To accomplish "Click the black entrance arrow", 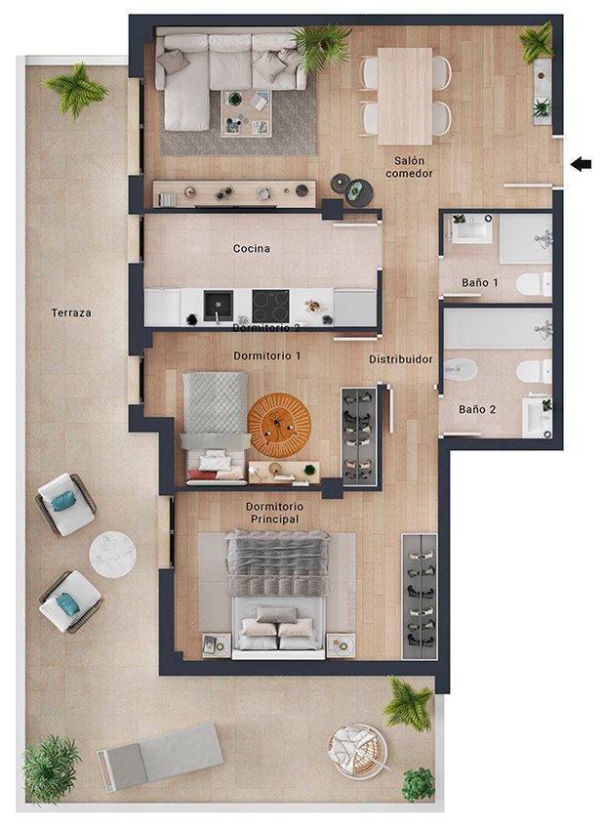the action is [581, 164].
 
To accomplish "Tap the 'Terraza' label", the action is [71, 312].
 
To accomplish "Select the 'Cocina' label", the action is [252, 248].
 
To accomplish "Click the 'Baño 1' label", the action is [480, 283].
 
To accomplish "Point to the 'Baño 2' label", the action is [477, 409].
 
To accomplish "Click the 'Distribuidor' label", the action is [400, 359].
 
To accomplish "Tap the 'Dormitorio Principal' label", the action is [275, 513].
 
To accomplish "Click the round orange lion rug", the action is [279, 426].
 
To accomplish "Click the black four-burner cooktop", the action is [270, 306].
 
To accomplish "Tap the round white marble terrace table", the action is [112, 554].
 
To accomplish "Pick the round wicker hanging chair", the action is [358, 750].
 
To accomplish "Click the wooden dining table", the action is [405, 97].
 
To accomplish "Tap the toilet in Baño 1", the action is [534, 284].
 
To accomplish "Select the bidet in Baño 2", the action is [461, 369].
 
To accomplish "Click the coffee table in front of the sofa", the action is [246, 113].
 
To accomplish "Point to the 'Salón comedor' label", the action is [409, 167].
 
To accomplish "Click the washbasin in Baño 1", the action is [472, 229].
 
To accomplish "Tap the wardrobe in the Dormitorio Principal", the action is [420, 596].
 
